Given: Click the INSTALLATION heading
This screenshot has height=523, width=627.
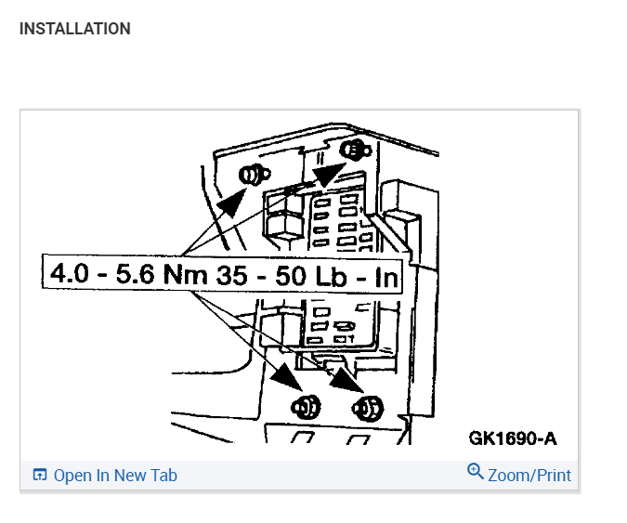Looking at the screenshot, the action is [x=75, y=29].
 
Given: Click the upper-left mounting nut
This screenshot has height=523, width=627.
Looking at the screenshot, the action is [x=255, y=176].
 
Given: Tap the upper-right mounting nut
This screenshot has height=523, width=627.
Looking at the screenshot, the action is [x=356, y=150].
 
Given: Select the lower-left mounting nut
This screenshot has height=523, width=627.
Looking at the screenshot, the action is [x=306, y=407].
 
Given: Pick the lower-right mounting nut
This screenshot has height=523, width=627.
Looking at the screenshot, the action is [x=368, y=409].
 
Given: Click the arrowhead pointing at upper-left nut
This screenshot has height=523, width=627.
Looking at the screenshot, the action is [x=232, y=202].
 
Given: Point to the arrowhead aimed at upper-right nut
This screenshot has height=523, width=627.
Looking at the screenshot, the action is [x=328, y=175].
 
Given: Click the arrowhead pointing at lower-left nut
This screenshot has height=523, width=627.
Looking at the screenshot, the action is [x=287, y=377].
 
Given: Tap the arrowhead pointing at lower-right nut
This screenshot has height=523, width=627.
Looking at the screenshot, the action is [x=346, y=379].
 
